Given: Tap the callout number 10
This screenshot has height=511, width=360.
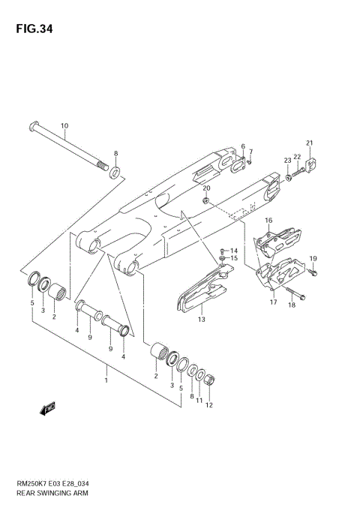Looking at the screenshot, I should point(64,125).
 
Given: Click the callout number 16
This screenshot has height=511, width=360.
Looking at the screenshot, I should point(268,221).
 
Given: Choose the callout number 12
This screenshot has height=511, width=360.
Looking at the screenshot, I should point(209,405).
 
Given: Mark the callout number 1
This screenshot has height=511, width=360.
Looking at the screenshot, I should point(106,380).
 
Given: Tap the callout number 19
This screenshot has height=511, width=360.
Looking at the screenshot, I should point(313,259).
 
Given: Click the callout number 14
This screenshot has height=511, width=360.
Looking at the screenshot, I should point(233,251).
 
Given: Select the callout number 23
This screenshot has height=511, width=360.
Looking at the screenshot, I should point(286,161).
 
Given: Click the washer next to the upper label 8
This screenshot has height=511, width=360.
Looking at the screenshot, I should point(115,173).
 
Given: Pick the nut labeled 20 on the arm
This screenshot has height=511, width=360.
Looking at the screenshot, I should point(206,200).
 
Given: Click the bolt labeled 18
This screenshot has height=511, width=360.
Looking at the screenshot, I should point(294,291).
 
